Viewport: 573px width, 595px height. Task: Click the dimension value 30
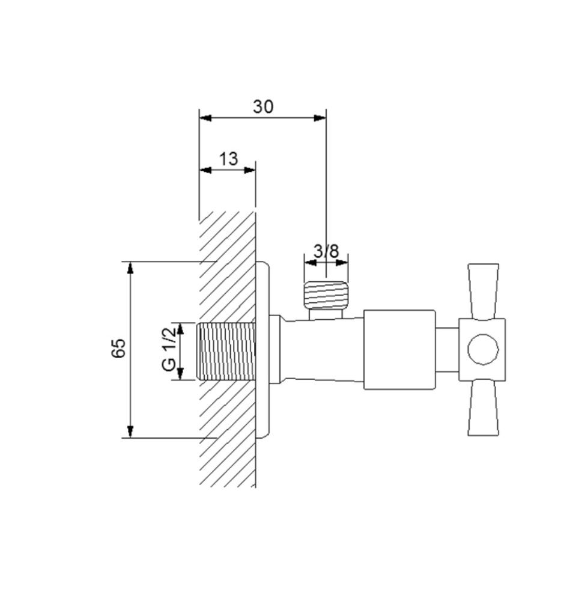click(263, 106)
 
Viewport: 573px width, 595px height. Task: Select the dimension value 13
click(228, 159)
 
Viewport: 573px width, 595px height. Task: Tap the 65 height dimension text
click(118, 348)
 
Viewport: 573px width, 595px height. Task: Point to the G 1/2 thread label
click(169, 349)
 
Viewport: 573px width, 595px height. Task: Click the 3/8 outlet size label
click(326, 251)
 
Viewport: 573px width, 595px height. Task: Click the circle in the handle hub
click(483, 349)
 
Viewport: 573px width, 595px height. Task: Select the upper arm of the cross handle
click(483, 291)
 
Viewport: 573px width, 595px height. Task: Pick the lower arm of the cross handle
click(483, 408)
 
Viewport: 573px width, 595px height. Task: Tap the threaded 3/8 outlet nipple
click(326, 295)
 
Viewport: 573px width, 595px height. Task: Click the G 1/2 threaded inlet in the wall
click(226, 351)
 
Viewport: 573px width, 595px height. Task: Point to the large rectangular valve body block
click(399, 350)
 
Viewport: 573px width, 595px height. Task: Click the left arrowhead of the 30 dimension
click(205, 118)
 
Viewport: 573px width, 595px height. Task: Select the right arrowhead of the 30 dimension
click(321, 118)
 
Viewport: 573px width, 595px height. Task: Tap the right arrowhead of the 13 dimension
click(250, 170)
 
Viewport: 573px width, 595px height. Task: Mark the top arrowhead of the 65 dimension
click(130, 267)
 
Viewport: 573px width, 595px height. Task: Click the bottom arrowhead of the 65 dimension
click(130, 432)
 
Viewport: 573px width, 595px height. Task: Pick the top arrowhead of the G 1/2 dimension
click(181, 328)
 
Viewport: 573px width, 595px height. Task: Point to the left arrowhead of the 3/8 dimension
click(310, 263)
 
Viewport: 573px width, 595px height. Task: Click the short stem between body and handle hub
click(447, 350)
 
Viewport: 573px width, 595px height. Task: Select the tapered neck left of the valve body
click(324, 349)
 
